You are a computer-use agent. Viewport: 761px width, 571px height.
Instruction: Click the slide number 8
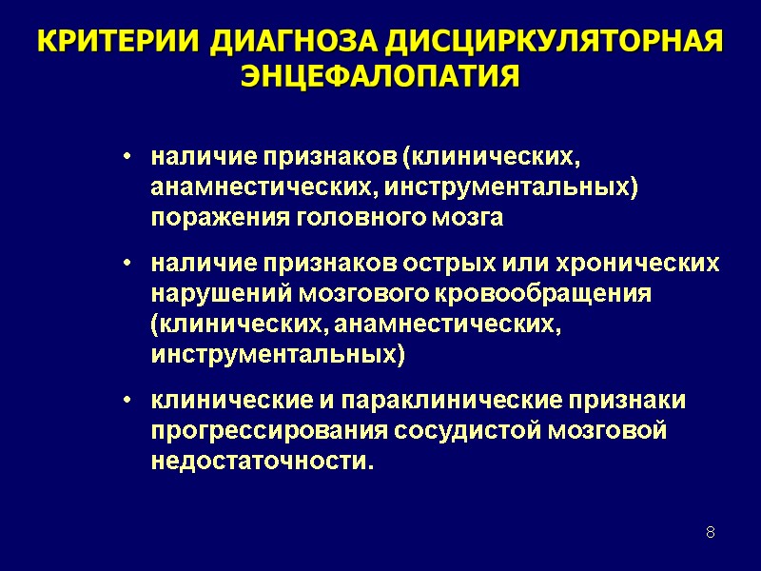[710, 530]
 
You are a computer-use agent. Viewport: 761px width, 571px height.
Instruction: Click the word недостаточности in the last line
[261, 461]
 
